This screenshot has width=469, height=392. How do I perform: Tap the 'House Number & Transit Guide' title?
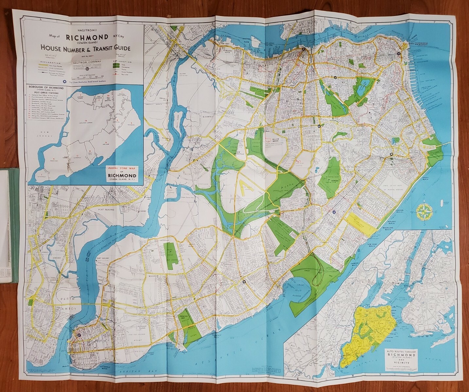85,48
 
